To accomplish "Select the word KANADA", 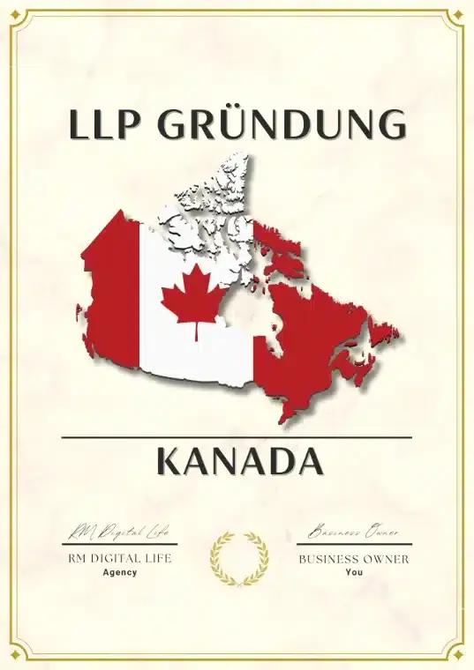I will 237,461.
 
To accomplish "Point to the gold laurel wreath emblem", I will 237,559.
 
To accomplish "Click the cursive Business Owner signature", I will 353,532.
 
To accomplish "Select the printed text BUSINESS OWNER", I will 354,559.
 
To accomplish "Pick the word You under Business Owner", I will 354,572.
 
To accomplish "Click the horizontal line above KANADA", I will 237,436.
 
